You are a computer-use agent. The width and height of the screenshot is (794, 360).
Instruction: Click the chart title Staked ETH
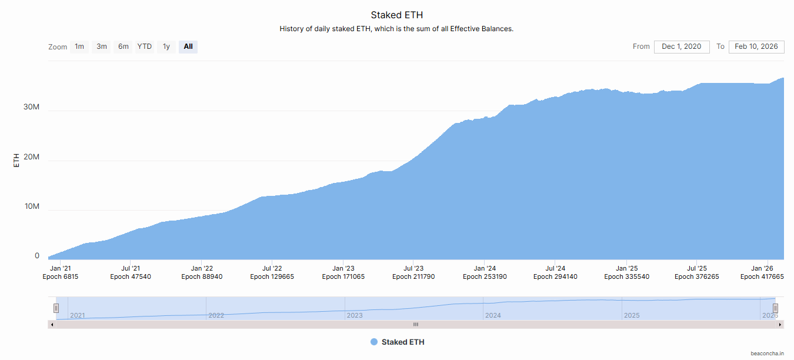(x=396, y=15)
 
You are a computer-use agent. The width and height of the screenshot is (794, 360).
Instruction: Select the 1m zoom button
(x=79, y=46)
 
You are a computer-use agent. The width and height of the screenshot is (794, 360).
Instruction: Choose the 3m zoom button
(x=102, y=46)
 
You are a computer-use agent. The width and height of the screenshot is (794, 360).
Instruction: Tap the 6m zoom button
(x=124, y=46)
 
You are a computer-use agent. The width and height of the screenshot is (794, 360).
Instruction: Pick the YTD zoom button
(x=145, y=46)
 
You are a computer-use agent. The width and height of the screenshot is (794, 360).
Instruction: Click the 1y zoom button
(x=166, y=46)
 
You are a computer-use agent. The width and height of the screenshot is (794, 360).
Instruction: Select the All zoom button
(x=188, y=46)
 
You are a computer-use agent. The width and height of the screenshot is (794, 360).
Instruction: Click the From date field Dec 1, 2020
(x=681, y=46)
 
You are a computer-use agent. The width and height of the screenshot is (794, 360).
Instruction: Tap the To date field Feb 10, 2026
(x=756, y=46)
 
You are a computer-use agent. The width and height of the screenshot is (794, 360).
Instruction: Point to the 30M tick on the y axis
(x=31, y=107)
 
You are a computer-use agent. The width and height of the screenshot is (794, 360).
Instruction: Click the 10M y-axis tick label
(x=31, y=206)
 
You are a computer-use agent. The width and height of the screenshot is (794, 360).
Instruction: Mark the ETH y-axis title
(x=16, y=160)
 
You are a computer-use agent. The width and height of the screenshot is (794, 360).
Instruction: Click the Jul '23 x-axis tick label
(x=413, y=268)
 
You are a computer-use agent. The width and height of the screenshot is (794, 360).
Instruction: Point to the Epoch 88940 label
(x=202, y=276)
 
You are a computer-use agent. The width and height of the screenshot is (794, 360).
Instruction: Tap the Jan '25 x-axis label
(x=626, y=268)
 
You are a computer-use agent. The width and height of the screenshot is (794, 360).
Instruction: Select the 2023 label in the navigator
(x=355, y=315)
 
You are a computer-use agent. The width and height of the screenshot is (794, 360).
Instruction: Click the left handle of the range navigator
(x=56, y=308)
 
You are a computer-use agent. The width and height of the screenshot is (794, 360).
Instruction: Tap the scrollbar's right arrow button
(x=780, y=324)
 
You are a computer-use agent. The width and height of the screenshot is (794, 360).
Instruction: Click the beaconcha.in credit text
(x=767, y=354)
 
